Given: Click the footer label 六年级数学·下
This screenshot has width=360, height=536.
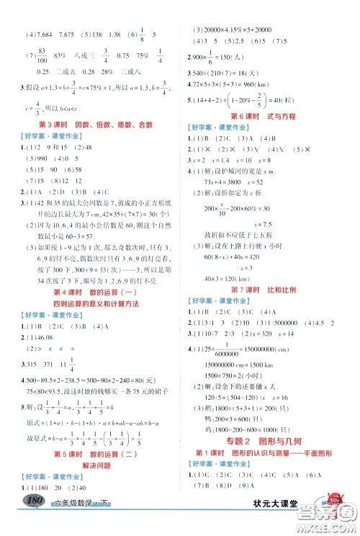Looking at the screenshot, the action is pos(75,524).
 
